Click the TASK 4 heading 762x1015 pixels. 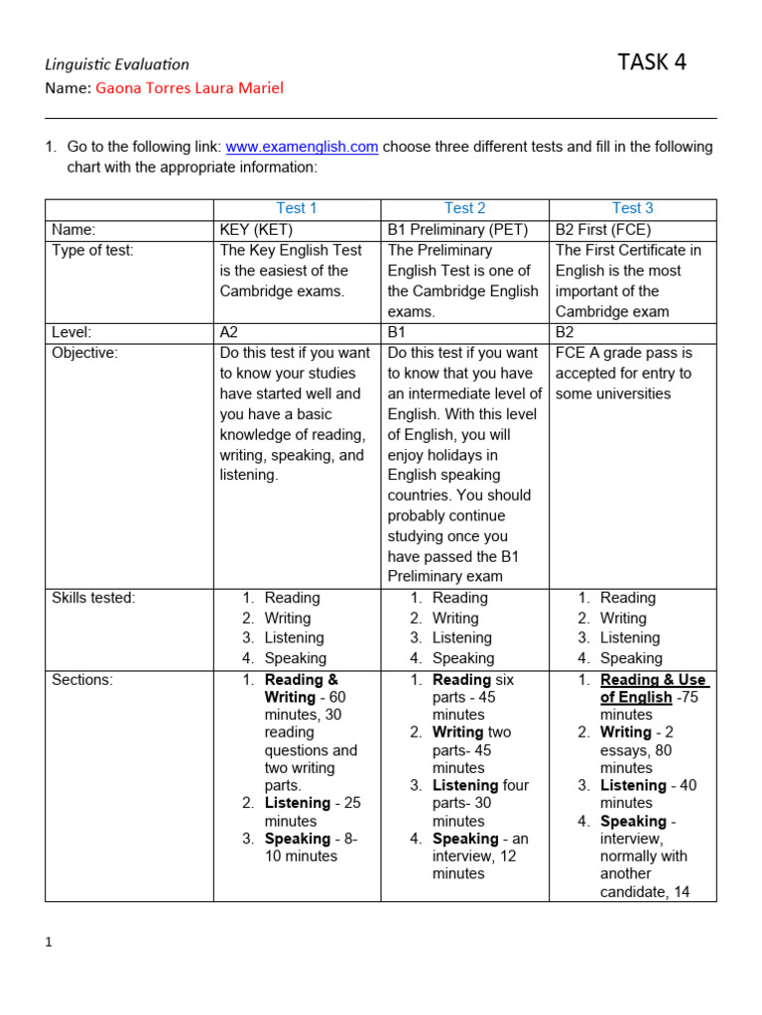[652, 62]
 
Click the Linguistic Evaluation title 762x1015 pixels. [117, 64]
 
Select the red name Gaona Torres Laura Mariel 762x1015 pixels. [190, 88]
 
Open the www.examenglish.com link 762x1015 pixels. [302, 147]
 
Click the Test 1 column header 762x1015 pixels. [297, 208]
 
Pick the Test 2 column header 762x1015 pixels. [465, 208]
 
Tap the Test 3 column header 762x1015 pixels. [633, 208]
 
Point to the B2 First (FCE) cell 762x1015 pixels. [603, 230]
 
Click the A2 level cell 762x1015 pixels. [229, 332]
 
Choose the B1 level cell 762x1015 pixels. [397, 332]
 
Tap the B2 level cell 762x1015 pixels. [566, 332]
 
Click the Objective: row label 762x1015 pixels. [84, 353]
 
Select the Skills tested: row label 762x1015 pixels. [93, 598]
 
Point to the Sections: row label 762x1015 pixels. [82, 680]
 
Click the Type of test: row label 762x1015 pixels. [92, 251]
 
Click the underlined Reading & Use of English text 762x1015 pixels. [652, 689]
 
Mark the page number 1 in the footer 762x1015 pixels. [49, 942]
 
